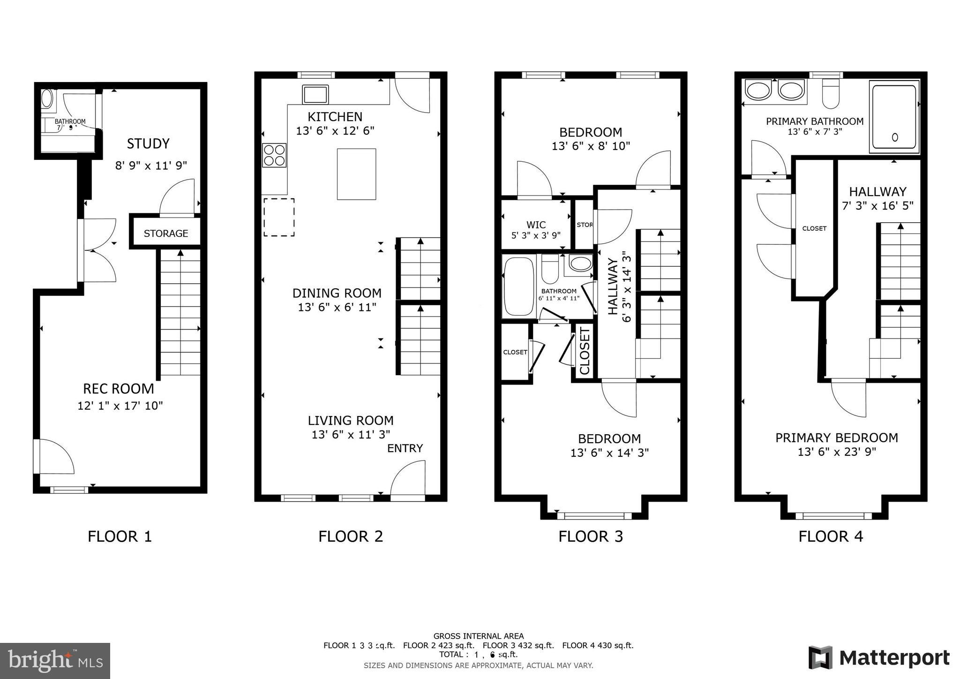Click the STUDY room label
[x=148, y=143]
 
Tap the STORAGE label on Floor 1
[x=165, y=233]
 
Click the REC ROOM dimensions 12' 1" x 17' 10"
[x=120, y=406]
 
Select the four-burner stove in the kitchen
[x=274, y=155]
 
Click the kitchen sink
[x=315, y=94]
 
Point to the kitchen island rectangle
[x=356, y=174]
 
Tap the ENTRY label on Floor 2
[x=405, y=448]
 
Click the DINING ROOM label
[x=337, y=293]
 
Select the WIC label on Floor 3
[x=536, y=225]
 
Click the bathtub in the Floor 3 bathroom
[x=518, y=286]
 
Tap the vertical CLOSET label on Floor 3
[x=585, y=352]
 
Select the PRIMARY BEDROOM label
[x=836, y=438]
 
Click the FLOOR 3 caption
[x=591, y=536]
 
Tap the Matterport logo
[x=879, y=657]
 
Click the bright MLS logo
[x=55, y=661]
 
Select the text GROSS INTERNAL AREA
[x=478, y=636]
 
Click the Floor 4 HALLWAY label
[x=877, y=191]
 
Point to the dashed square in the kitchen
[x=279, y=217]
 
